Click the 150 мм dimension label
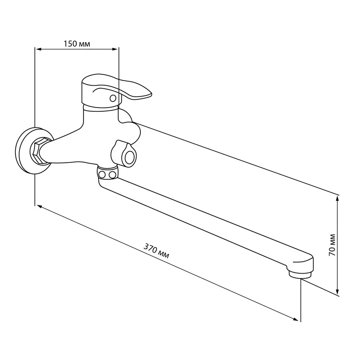(77, 44)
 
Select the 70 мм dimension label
(332, 245)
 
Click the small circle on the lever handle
(113, 98)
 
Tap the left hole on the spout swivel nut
(102, 175)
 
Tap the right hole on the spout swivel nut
(112, 175)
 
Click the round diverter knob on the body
(129, 157)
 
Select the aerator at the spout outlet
(300, 274)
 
